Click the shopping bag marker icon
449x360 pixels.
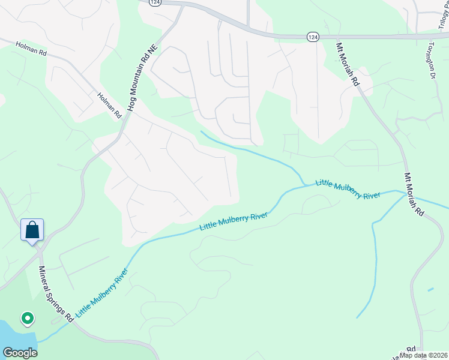pyautogui.click(x=32, y=229)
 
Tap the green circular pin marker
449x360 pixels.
pyautogui.click(x=27, y=318)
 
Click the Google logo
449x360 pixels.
pyautogui.click(x=20, y=353)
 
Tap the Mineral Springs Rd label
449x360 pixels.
pyautogui.click(x=56, y=294)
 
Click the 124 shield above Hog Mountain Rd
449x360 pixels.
pyautogui.click(x=155, y=2)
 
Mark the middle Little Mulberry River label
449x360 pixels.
pyautogui.click(x=233, y=221)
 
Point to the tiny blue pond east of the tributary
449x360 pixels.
pyautogui.click(x=430, y=290)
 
